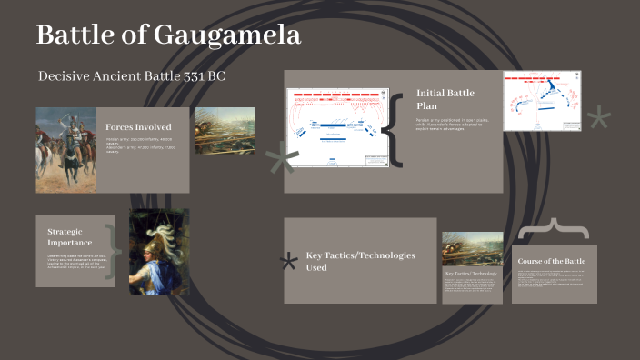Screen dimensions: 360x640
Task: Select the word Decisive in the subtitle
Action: point(68,75)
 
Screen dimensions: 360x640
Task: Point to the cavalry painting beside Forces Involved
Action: point(65,150)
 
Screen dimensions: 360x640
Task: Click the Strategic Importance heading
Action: point(70,236)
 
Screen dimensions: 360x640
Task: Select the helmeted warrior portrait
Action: point(159,252)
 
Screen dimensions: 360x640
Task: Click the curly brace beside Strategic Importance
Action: point(113,250)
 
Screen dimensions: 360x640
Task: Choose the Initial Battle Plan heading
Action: point(445,99)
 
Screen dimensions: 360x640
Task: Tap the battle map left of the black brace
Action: point(337,127)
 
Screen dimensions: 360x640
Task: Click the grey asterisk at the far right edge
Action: point(600,119)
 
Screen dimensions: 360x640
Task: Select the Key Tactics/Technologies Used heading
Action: point(360,262)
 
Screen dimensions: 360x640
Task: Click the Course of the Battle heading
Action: point(552,262)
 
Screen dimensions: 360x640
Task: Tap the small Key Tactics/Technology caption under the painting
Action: point(471,273)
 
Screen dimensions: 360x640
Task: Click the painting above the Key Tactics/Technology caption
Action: point(472,248)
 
